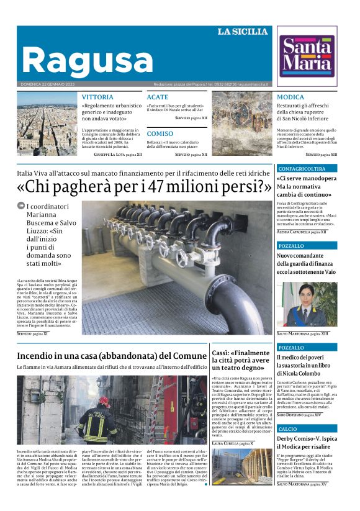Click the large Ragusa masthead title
[87, 60]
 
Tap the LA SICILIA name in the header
[243, 32]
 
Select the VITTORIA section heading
[97, 97]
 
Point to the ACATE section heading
[157, 97]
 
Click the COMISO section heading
[160, 133]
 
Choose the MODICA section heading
[290, 97]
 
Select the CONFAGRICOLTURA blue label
[302, 168]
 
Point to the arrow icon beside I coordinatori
[20, 206]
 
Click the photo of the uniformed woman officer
[307, 304]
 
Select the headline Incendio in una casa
[112, 356]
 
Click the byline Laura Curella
[226, 443]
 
